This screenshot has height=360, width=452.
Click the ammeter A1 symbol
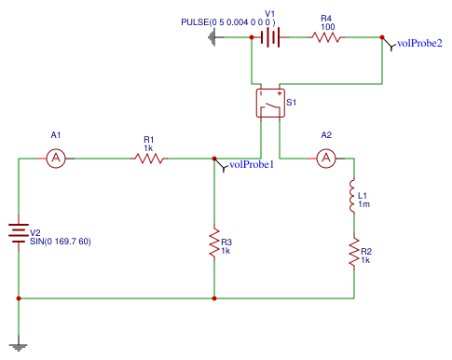point(55,159)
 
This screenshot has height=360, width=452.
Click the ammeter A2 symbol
point(326,159)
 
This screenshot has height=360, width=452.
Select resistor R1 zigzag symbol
point(149,159)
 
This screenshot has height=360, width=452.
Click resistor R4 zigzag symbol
point(326,37)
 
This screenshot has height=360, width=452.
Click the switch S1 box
point(270,103)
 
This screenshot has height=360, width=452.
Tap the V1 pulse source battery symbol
point(270,37)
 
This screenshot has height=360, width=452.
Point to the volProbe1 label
point(251,165)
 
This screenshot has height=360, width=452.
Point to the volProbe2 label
point(419,43)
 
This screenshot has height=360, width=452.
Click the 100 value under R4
point(326,27)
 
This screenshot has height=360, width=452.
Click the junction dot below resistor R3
point(214,298)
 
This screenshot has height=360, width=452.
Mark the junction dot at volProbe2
point(382,37)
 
